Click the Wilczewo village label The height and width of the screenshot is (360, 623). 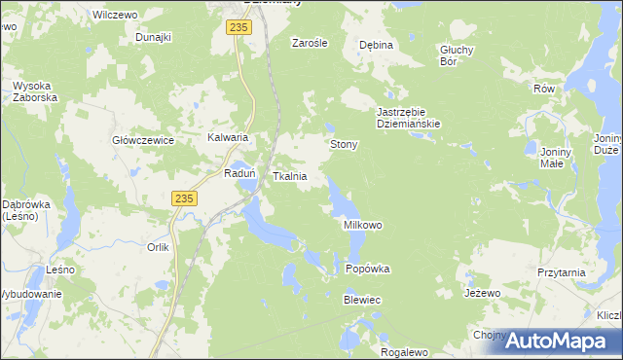click(112, 16)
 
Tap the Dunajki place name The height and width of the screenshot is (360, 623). click(154, 37)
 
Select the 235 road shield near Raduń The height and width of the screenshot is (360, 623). click(186, 198)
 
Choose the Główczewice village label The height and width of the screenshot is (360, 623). click(143, 140)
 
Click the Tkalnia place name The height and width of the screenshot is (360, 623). click(290, 177)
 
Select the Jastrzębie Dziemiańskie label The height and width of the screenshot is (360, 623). click(410, 118)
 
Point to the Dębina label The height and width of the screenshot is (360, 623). click(376, 45)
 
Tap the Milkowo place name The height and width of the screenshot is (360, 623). click(363, 225)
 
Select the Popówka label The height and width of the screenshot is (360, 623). click(368, 269)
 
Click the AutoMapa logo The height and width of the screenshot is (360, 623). click(561, 340)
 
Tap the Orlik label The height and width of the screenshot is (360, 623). click(159, 247)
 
